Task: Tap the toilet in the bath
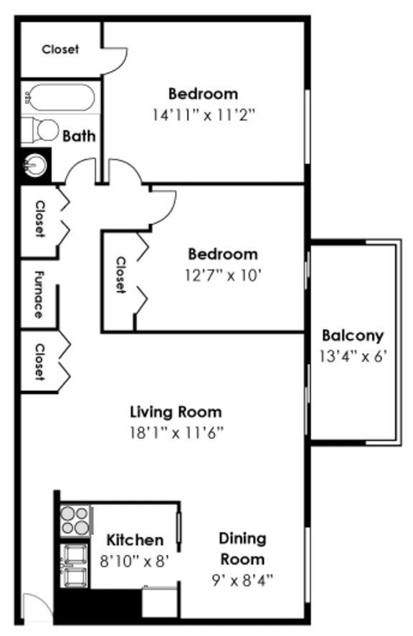click(x=42, y=130)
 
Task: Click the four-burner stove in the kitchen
click(x=75, y=520)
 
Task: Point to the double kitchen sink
click(x=75, y=565)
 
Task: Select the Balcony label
click(x=352, y=335)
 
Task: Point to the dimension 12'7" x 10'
click(x=222, y=274)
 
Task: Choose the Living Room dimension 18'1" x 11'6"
click(x=176, y=432)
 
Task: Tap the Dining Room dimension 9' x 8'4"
click(x=242, y=579)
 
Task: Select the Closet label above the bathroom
click(x=60, y=49)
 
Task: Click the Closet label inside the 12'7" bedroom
click(x=120, y=275)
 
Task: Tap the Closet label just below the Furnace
click(x=39, y=362)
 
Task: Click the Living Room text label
click(x=176, y=412)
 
